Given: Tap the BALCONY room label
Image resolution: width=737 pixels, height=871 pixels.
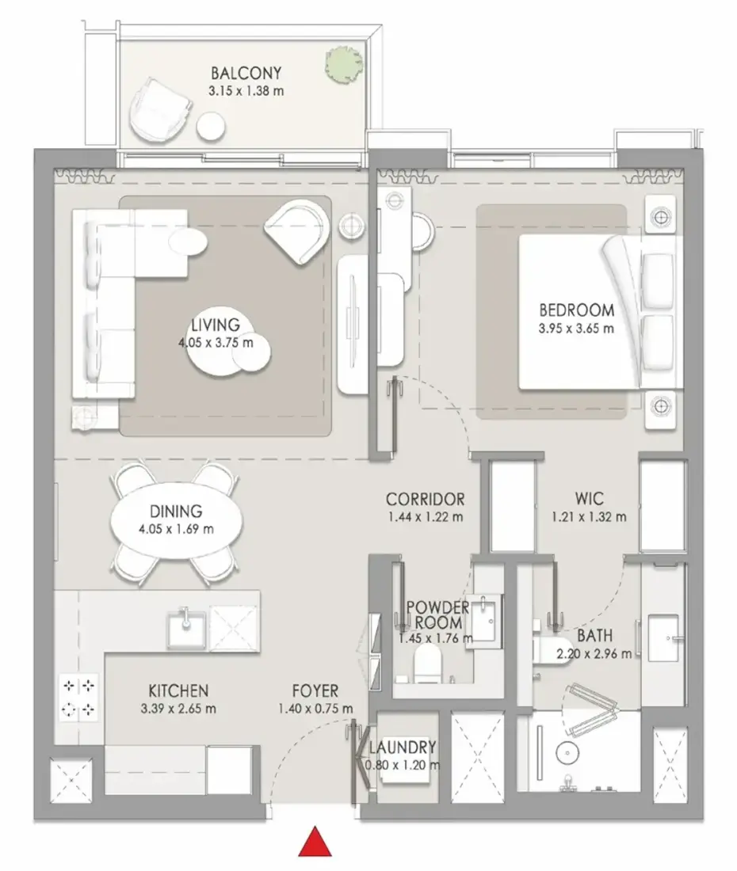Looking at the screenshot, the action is [x=246, y=74].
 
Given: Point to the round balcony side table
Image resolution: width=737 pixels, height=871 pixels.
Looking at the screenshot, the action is [x=212, y=127].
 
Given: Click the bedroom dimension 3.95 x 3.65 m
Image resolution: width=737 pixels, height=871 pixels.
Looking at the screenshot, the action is [x=576, y=329].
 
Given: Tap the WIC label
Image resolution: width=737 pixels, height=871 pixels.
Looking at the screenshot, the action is [x=589, y=498].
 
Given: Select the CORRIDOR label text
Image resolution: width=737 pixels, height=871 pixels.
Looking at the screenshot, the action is [x=426, y=499].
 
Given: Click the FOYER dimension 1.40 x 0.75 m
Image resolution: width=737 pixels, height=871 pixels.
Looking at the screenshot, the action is [x=315, y=709].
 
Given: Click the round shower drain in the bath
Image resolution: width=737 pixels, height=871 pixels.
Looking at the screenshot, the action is [x=567, y=753].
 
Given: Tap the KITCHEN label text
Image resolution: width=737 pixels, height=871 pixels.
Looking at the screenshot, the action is [x=178, y=691].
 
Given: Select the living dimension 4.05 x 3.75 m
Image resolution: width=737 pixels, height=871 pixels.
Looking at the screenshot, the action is [x=216, y=343].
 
